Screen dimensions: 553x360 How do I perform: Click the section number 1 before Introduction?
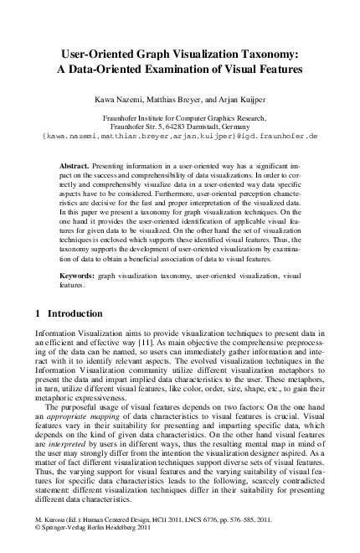coord(28,314)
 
